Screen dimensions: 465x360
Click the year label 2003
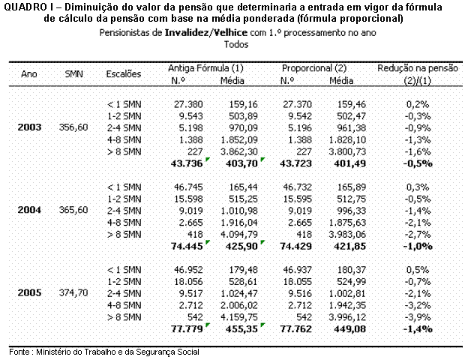(x=29, y=127)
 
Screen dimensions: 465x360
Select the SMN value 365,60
(x=73, y=210)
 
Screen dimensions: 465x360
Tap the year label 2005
(x=29, y=293)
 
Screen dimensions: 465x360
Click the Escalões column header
(x=123, y=74)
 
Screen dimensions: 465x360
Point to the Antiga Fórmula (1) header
(x=205, y=68)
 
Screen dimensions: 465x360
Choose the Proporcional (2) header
(x=314, y=68)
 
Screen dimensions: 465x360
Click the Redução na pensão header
(x=418, y=68)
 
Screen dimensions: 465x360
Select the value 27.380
(x=188, y=104)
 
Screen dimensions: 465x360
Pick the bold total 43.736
(x=187, y=163)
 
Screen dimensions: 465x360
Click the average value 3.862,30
(x=239, y=151)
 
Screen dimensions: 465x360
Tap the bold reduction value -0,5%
(x=418, y=163)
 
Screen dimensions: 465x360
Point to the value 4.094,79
(x=239, y=235)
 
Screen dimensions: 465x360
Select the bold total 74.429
(x=296, y=246)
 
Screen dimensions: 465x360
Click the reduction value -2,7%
(x=418, y=235)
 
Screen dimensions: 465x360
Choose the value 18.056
(x=188, y=282)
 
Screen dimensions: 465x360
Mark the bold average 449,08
(x=350, y=329)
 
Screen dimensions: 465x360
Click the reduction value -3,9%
(x=418, y=317)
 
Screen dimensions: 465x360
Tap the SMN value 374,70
(x=73, y=293)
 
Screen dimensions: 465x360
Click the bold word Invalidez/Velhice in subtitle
(x=205, y=32)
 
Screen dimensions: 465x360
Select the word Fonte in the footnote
(x=19, y=352)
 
